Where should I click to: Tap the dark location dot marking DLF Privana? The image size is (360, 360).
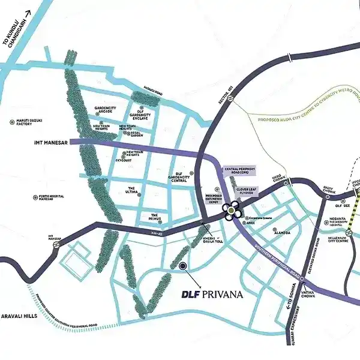[183, 265]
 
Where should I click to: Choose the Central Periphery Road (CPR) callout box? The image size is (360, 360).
[239, 171]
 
